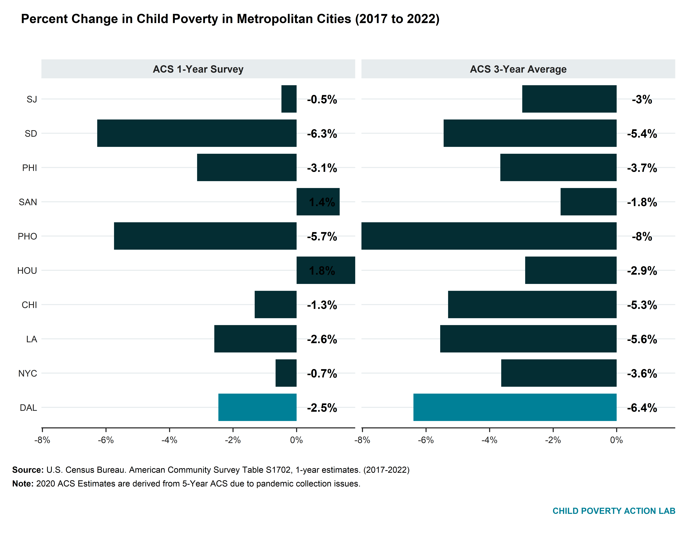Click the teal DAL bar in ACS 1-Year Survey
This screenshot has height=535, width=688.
coord(257,407)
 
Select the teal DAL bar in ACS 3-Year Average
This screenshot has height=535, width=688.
coord(515,407)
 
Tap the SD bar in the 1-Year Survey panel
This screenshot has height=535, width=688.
coord(197,133)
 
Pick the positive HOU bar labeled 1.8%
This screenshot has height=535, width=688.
coord(326,270)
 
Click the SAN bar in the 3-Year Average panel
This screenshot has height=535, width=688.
coord(588,202)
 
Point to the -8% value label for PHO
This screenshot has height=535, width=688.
coord(642,237)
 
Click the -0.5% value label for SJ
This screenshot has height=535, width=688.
coord(322,99)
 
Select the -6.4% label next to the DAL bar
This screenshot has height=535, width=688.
coord(642,408)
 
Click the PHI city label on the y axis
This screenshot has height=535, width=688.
coord(30,168)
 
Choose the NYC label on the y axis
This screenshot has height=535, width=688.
coord(28,373)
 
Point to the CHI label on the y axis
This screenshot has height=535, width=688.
coord(29,305)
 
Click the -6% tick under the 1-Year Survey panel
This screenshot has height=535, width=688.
coord(106,440)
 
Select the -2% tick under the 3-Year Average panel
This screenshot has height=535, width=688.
coord(553,440)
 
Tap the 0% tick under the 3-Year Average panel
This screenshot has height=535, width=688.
coord(617,440)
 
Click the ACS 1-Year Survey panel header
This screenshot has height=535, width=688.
coord(198,69)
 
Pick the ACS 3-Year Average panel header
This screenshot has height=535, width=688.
coord(518,69)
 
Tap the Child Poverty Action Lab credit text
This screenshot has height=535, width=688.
coord(614,511)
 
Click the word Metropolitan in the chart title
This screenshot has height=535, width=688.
coord(294,19)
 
